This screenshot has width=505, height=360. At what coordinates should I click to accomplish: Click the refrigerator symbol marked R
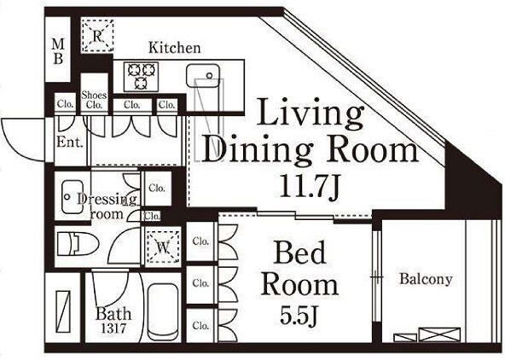(x=97, y=36)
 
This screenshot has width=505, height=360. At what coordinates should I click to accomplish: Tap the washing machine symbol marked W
(x=163, y=247)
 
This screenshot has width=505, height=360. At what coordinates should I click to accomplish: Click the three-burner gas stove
(x=141, y=77)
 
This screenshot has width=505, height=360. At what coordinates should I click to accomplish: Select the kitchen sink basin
(x=203, y=75)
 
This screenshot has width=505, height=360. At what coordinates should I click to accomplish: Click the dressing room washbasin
(x=73, y=196)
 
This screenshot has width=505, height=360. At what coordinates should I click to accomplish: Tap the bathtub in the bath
(x=163, y=311)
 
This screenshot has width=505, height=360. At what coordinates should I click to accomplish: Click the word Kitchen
(x=174, y=48)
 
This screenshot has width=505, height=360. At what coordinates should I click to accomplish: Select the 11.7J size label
(x=310, y=187)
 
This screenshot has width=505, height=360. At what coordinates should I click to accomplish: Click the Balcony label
(x=426, y=279)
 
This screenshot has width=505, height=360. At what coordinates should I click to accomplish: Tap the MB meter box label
(x=58, y=51)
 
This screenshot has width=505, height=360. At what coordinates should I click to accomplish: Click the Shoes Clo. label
(x=94, y=100)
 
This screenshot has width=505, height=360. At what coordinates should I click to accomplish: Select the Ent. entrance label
(x=70, y=142)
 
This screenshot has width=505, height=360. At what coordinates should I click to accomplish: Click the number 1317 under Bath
(x=113, y=328)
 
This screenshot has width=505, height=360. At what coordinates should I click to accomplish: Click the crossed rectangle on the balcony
(x=439, y=334)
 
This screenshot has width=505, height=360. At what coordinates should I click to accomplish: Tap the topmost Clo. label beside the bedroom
(x=200, y=241)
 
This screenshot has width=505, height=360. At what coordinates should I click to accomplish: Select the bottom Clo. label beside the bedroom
(x=200, y=326)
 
